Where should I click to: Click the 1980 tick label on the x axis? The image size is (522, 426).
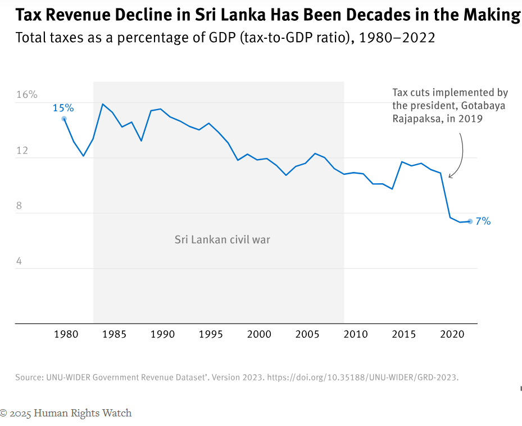click(x=66, y=334)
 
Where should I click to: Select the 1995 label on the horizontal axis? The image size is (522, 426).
click(x=211, y=334)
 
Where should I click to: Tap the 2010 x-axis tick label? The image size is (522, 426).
click(x=355, y=334)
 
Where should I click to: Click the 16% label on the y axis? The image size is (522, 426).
click(x=26, y=94)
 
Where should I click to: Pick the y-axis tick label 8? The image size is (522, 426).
click(x=19, y=206)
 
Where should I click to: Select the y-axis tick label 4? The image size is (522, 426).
click(x=19, y=261)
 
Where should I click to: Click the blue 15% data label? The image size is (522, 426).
click(x=63, y=108)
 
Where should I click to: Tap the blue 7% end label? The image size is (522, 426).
click(x=483, y=221)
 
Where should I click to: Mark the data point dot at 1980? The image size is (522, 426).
click(x=64, y=119)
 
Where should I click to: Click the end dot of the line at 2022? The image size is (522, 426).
click(x=470, y=221)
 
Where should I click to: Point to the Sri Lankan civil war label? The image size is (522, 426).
click(x=222, y=240)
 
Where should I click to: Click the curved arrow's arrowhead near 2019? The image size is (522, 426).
click(x=450, y=177)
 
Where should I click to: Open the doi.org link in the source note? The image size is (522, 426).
click(x=362, y=377)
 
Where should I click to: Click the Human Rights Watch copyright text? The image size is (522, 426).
click(x=66, y=413)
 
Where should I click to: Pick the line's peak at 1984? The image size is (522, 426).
click(x=103, y=104)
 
